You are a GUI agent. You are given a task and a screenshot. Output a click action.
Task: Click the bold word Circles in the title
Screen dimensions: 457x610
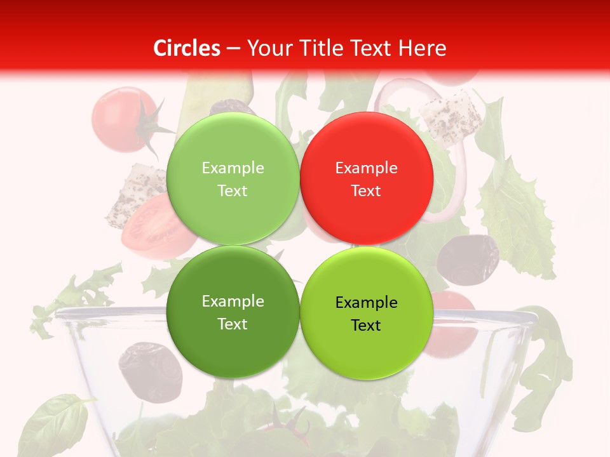(187, 48)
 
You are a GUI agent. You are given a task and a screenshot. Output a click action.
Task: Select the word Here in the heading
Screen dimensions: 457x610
(424, 48)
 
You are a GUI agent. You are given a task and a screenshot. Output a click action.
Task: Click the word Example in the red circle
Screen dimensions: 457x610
(366, 168)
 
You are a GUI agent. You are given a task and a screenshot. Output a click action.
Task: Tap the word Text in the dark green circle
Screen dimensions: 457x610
(233, 324)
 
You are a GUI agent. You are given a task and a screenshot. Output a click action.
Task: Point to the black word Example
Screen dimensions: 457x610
(366, 303)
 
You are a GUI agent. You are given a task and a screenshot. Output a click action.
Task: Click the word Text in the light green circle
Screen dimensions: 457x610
(233, 190)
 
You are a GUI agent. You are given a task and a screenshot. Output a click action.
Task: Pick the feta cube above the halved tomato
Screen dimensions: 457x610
(131, 195)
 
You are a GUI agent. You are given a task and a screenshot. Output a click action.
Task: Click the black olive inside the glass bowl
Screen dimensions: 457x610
(150, 371)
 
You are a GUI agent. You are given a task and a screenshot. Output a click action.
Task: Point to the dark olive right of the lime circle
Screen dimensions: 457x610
(468, 260)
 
